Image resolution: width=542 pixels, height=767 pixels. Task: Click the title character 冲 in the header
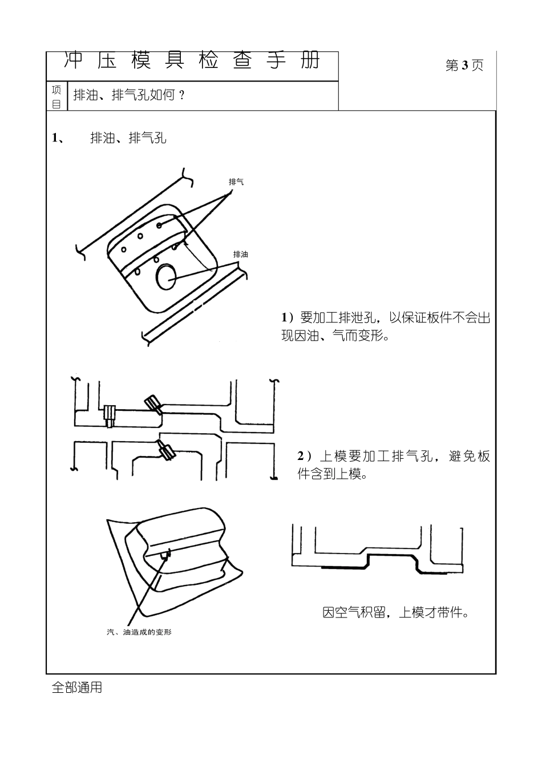click(73, 61)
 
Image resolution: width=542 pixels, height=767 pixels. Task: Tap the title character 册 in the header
click(310, 61)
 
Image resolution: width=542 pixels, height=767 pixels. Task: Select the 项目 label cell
click(56, 96)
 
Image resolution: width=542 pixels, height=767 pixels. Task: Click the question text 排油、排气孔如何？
click(129, 95)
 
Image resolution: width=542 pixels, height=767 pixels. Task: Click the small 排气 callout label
click(236, 182)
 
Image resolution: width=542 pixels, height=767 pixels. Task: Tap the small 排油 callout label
click(240, 255)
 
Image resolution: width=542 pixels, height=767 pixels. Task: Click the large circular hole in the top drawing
click(167, 277)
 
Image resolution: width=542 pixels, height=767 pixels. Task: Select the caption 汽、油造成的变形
click(139, 633)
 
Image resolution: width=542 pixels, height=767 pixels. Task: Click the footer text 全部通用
click(77, 688)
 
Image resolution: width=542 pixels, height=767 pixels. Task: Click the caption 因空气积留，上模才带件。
click(396, 613)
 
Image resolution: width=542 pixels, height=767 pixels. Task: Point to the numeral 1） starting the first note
click(288, 317)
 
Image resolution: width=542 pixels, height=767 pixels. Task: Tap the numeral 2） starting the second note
click(305, 456)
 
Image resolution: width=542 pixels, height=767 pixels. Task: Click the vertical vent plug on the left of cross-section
click(110, 415)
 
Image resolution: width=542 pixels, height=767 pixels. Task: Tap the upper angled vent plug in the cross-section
click(153, 403)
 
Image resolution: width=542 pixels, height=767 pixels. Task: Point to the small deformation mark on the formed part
click(165, 555)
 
